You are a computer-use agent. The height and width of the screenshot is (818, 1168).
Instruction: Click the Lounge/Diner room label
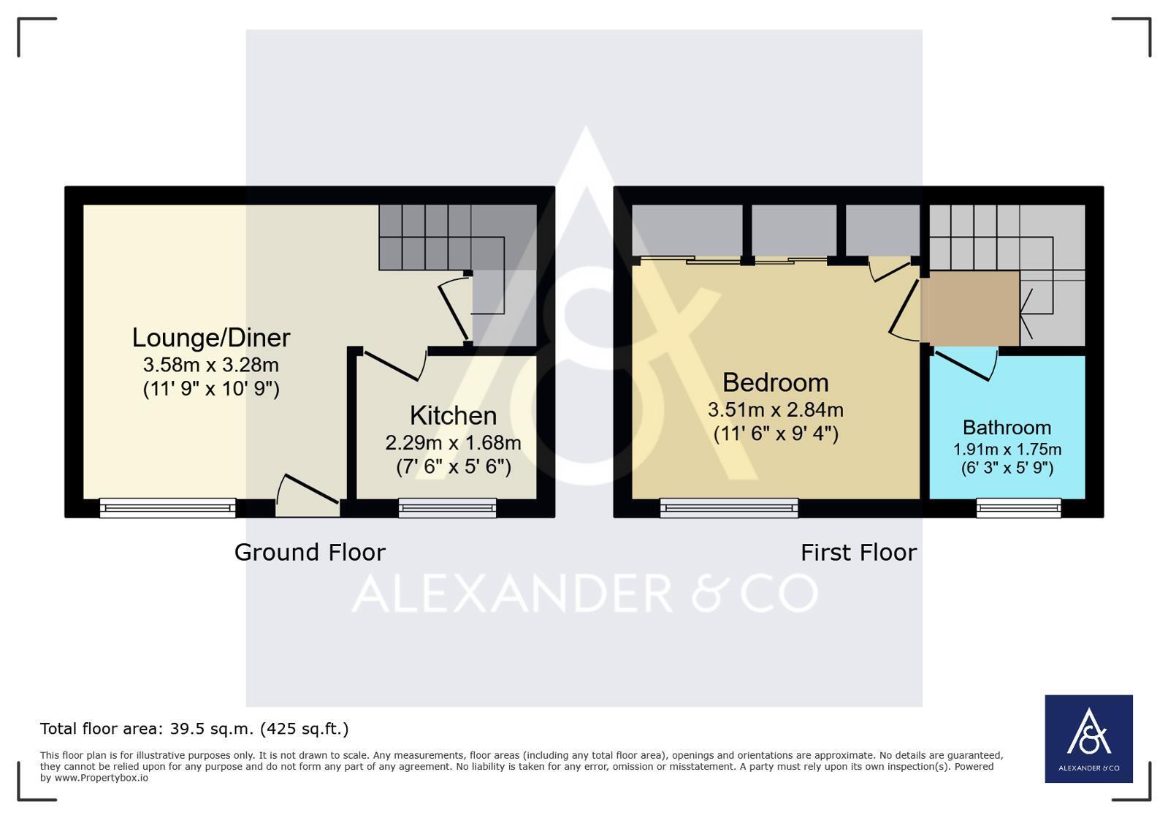coord(210,338)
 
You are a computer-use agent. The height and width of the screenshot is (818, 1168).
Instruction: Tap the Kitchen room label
coord(453,416)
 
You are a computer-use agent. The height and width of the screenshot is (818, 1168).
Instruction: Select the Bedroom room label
coord(775,383)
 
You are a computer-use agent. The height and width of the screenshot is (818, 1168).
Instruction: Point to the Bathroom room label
coord(1007,428)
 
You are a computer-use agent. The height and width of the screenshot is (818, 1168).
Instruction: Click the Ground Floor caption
coord(310,553)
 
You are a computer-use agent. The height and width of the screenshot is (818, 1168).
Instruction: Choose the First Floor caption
coord(858,553)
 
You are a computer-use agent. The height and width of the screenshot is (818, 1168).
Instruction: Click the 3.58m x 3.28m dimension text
coord(210,365)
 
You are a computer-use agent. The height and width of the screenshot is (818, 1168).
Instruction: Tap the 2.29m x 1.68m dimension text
coord(453,443)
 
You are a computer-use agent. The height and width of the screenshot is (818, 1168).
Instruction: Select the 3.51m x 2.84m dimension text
coord(775,410)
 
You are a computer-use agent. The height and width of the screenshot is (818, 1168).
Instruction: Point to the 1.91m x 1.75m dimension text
coord(1007,449)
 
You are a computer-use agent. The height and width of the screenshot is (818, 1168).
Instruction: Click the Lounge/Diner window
coord(167,507)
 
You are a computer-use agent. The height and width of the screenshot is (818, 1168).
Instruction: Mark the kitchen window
coord(447,507)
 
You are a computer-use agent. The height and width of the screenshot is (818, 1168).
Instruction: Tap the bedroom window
coord(729,507)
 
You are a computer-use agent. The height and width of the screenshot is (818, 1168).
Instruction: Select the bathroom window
coord(1019,507)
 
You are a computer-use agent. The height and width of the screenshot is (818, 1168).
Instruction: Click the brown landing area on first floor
coord(970,308)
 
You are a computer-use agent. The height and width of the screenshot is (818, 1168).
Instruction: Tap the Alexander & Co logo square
coord(1088,739)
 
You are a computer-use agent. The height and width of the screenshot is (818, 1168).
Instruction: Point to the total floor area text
coord(194,729)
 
